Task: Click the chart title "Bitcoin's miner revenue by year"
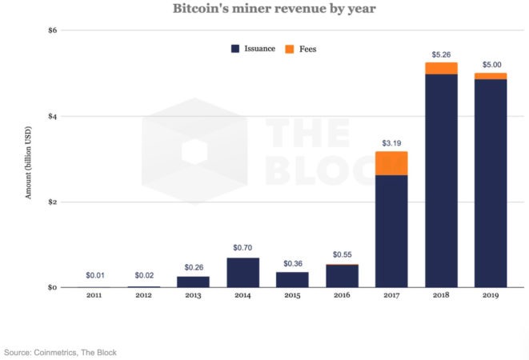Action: [x=264, y=10]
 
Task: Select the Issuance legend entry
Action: [x=253, y=49]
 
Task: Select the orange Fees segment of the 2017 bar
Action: [x=391, y=163]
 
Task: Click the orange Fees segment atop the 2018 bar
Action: [x=441, y=68]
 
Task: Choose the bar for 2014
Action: [x=242, y=272]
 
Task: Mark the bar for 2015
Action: [x=292, y=279]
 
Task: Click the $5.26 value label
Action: [x=441, y=55]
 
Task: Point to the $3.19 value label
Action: [x=391, y=144]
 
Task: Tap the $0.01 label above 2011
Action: [x=94, y=275]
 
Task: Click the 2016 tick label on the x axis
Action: [x=342, y=295]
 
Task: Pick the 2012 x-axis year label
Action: [x=144, y=295]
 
